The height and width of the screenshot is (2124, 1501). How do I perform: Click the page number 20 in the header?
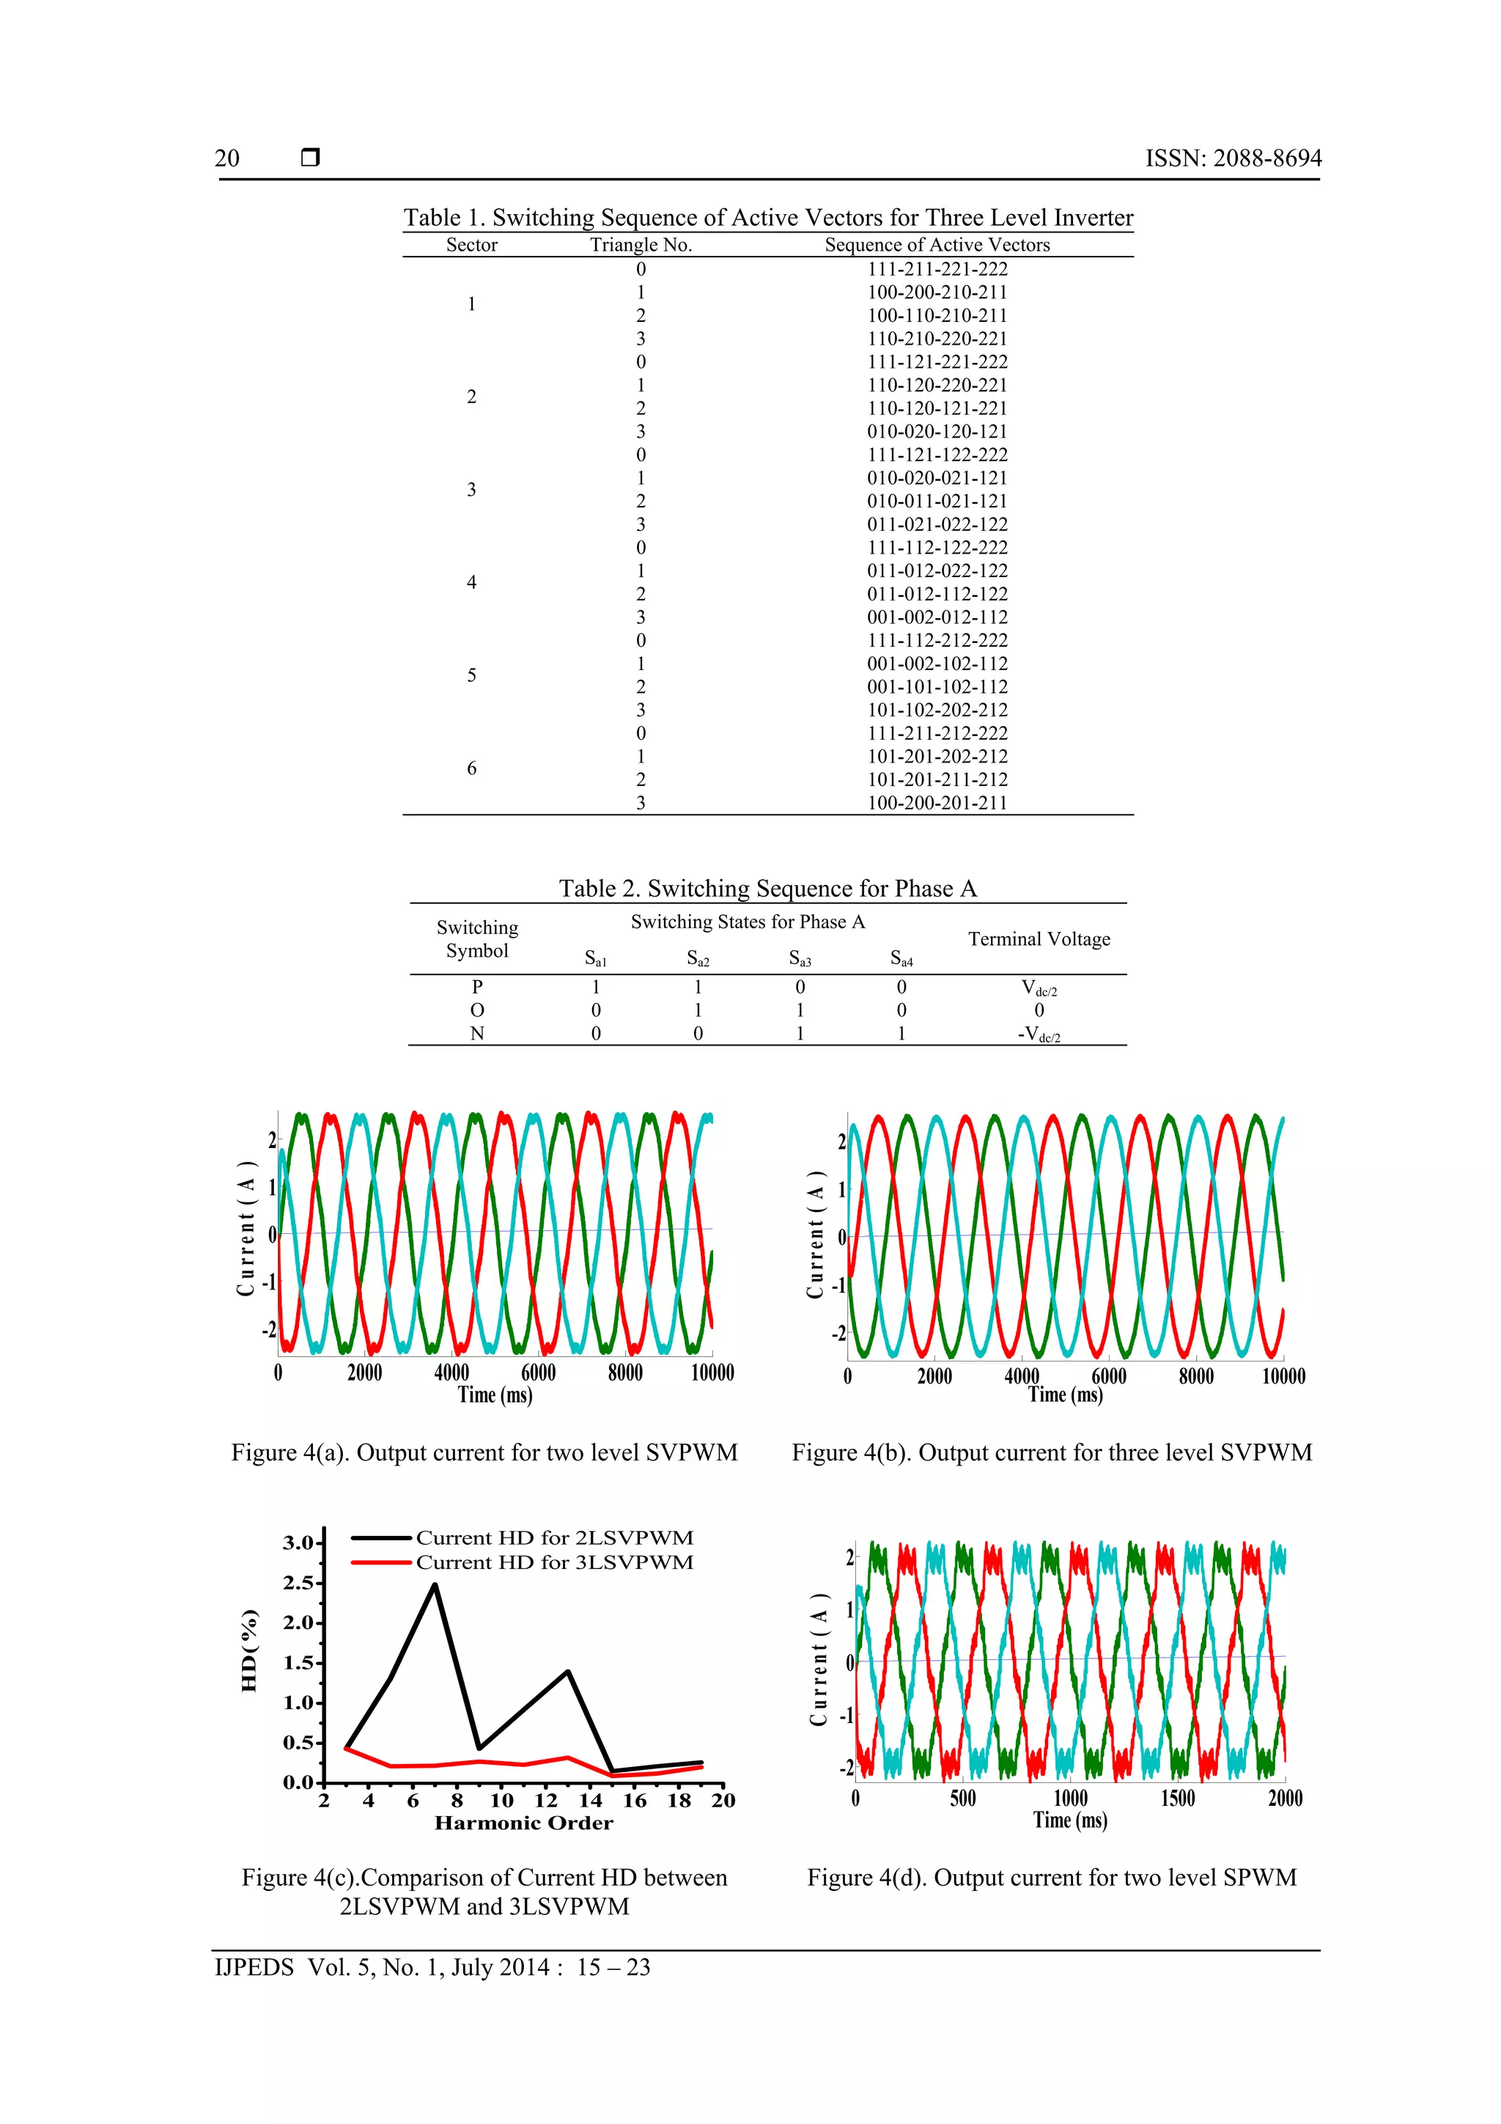click(x=226, y=158)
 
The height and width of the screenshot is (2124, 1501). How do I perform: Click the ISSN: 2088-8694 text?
click(x=1233, y=158)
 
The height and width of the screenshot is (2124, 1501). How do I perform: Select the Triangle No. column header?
click(x=641, y=245)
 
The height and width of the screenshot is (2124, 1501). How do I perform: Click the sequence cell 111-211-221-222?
click(x=937, y=269)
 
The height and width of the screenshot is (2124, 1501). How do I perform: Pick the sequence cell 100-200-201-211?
click(x=937, y=803)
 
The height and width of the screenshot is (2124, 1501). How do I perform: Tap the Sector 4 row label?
click(x=472, y=583)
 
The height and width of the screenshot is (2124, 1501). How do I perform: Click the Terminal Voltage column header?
click(x=1039, y=939)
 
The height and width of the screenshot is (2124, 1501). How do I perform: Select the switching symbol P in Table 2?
click(x=477, y=987)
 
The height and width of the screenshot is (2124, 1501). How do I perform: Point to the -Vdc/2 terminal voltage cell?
click(x=1039, y=1035)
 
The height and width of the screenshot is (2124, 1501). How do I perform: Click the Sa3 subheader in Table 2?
click(x=800, y=958)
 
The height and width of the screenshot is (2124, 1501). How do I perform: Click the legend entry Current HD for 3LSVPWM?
click(x=553, y=1562)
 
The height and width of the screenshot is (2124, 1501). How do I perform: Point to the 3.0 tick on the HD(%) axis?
click(x=299, y=1543)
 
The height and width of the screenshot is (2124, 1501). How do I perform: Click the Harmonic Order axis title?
click(x=523, y=1823)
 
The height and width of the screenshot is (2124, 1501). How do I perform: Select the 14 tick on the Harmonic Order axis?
click(x=590, y=1800)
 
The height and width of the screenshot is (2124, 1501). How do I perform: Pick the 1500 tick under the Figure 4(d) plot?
click(x=1177, y=1798)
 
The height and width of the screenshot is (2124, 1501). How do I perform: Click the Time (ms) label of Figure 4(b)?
click(x=1066, y=1395)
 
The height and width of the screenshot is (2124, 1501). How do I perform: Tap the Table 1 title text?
click(x=767, y=218)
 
